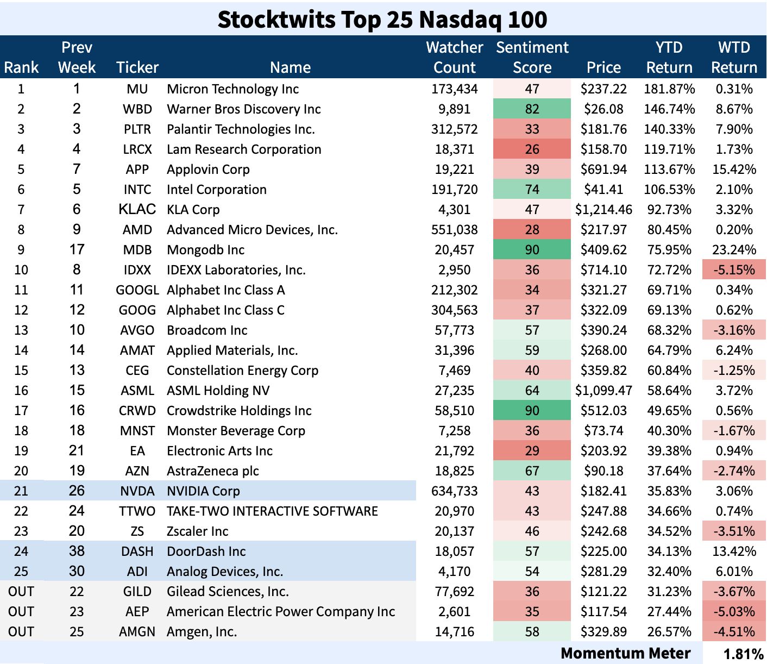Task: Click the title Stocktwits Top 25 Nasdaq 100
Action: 382,20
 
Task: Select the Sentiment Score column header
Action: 532,58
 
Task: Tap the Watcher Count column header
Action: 454,58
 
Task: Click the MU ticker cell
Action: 137,89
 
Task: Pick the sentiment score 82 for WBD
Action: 532,109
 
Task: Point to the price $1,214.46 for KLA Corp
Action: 603,210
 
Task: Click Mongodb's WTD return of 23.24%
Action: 734,250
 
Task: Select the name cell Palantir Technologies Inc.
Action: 241,129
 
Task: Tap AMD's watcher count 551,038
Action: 454,230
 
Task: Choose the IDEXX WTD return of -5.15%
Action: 734,270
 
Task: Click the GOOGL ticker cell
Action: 137,290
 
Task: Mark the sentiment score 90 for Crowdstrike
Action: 532,411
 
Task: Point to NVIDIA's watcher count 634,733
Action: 454,491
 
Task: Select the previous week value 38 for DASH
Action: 77,552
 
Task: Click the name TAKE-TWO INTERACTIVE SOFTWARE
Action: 272,511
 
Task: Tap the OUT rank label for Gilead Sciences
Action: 21,592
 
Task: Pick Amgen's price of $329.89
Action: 603,632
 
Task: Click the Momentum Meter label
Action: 625,653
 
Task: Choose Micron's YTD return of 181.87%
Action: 669,89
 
